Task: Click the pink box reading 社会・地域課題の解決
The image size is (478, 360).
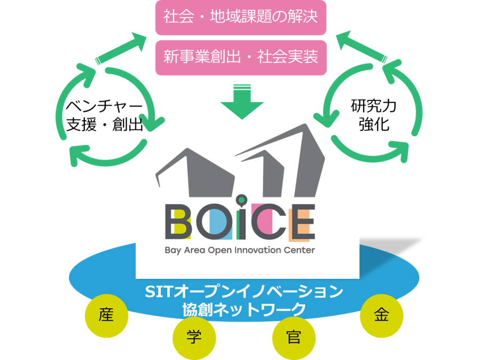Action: (240, 18)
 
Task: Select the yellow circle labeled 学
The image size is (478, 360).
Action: (194, 336)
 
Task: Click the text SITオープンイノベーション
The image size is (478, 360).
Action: (244, 292)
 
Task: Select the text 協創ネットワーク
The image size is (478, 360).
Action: (244, 309)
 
